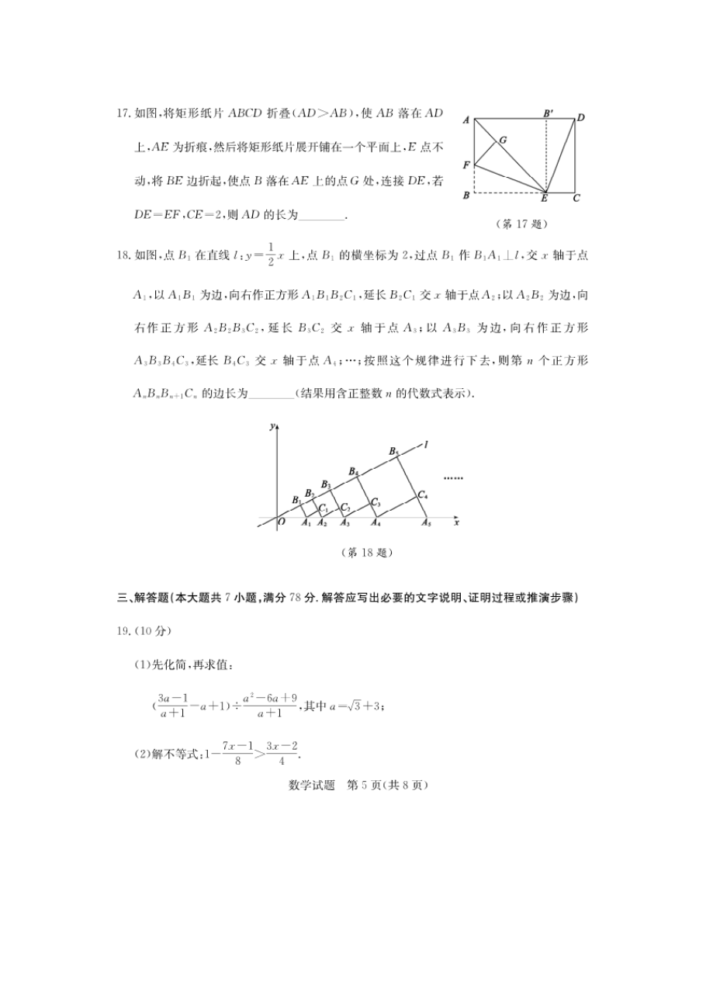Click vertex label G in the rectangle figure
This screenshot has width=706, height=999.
[x=503, y=140]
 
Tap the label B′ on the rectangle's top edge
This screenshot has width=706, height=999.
[x=548, y=113]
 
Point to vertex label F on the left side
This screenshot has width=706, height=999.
[x=465, y=165]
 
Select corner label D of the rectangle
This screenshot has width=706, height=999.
[x=580, y=118]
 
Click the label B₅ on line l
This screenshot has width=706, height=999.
[x=393, y=451]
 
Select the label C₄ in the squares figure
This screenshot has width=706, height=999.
[x=422, y=494]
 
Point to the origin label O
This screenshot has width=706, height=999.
[x=281, y=523]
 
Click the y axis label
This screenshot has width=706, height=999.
[x=271, y=427]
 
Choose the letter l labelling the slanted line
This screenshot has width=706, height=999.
[x=426, y=443]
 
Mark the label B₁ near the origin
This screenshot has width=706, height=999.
[x=296, y=500]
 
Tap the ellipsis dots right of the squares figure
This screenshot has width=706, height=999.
[x=452, y=477]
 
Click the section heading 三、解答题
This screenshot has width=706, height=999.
[x=133, y=597]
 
